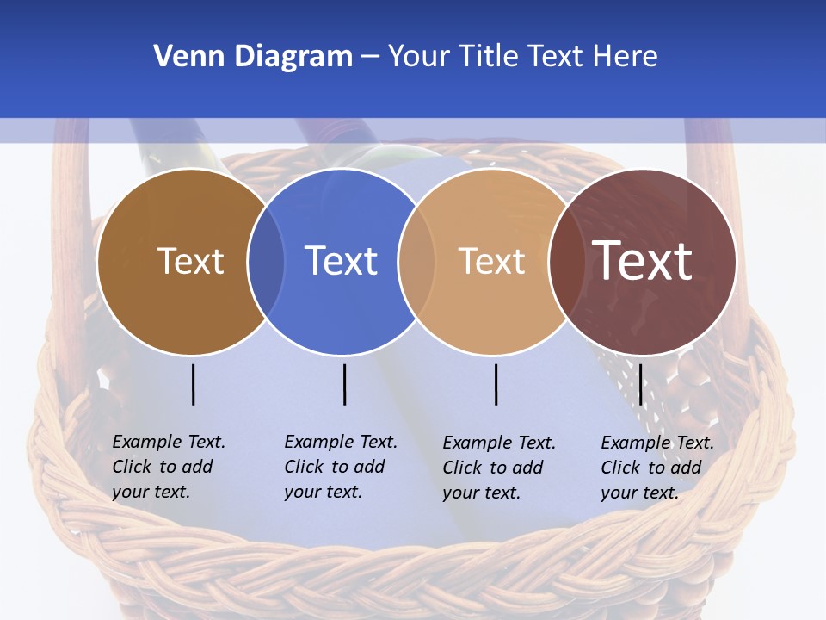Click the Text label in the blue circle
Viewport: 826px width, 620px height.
pos(342,261)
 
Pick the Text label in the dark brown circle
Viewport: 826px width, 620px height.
pos(190,261)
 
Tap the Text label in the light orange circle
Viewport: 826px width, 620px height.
pos(491,261)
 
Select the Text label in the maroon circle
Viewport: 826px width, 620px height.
pos(643,260)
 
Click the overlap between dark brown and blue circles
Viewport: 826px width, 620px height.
pos(266,261)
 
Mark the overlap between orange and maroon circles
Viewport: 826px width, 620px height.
pos(566,261)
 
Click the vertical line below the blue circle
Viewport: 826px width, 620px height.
pos(344,384)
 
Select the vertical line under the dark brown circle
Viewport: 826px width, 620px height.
pos(193,384)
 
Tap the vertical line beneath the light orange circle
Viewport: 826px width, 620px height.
pos(496,384)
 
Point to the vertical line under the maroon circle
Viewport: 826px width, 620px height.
pos(641,384)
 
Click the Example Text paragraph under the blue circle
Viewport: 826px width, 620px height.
pos(340,467)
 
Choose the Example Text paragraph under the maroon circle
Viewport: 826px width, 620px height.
pos(656,468)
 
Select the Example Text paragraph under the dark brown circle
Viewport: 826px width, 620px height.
pos(168,467)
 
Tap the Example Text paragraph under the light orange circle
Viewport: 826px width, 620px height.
pos(498,468)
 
